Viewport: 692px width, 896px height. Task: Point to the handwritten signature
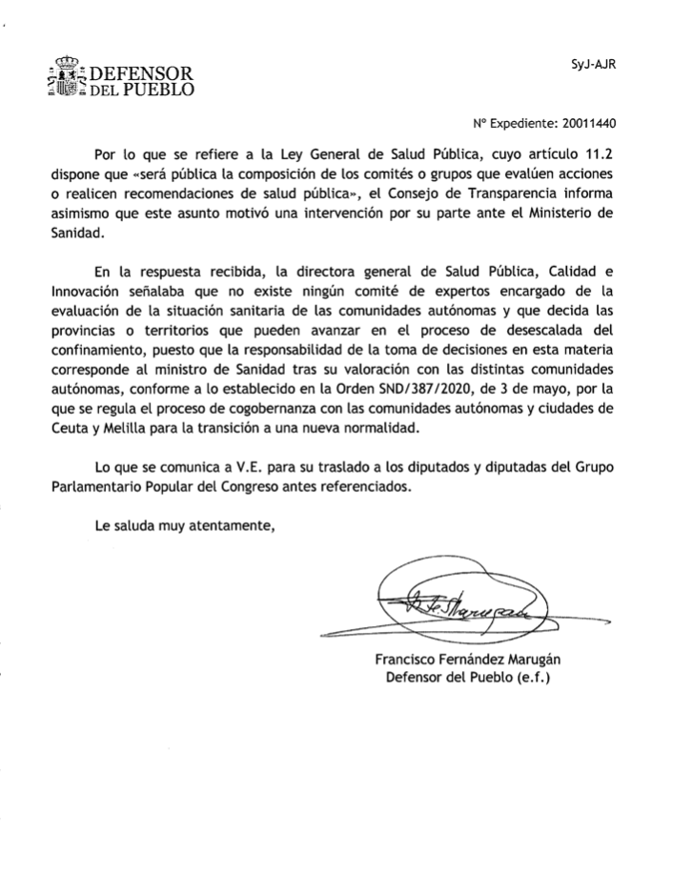(458, 601)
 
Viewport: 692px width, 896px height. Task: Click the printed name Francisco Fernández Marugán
(467, 660)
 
